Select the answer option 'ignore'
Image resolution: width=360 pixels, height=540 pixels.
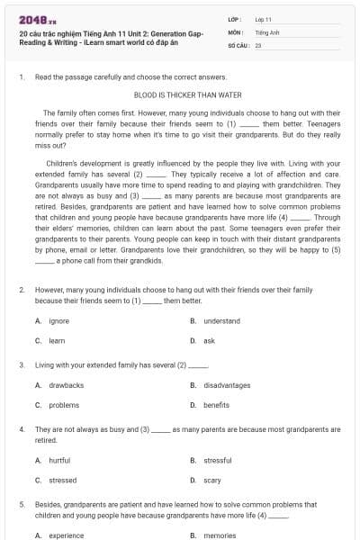58,321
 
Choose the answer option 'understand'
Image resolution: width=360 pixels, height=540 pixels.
221,321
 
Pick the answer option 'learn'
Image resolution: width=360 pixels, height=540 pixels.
57,341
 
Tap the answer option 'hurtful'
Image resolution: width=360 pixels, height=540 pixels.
59,460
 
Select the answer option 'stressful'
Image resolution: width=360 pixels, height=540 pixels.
218,460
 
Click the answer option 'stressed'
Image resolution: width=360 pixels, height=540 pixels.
62,480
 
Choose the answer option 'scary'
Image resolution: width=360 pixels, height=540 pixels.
211,480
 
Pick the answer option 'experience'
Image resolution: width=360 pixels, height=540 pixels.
66,535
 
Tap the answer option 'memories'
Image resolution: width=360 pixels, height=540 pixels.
220,535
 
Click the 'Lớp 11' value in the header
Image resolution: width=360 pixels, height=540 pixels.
263,19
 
